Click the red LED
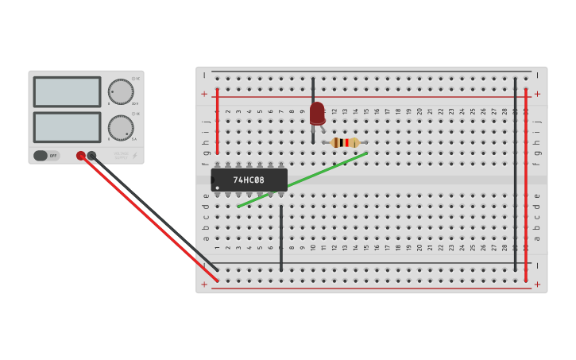pos(317,113)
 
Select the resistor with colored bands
pos(345,142)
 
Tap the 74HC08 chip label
pos(249,180)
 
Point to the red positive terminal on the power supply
pos(80,156)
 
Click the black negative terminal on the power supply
pos(91,156)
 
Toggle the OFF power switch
pos(46,156)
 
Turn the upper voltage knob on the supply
pos(121,91)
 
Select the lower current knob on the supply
pos(121,128)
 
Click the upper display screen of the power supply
pos(67,91)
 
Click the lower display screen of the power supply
pos(67,127)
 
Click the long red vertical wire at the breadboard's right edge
pos(525,183)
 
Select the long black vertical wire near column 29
pos(515,175)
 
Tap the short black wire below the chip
pos(280,238)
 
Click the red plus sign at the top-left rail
pos(204,94)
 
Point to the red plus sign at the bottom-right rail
pos(537,284)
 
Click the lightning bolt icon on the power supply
pos(135,156)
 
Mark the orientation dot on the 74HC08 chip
pos(217,188)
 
